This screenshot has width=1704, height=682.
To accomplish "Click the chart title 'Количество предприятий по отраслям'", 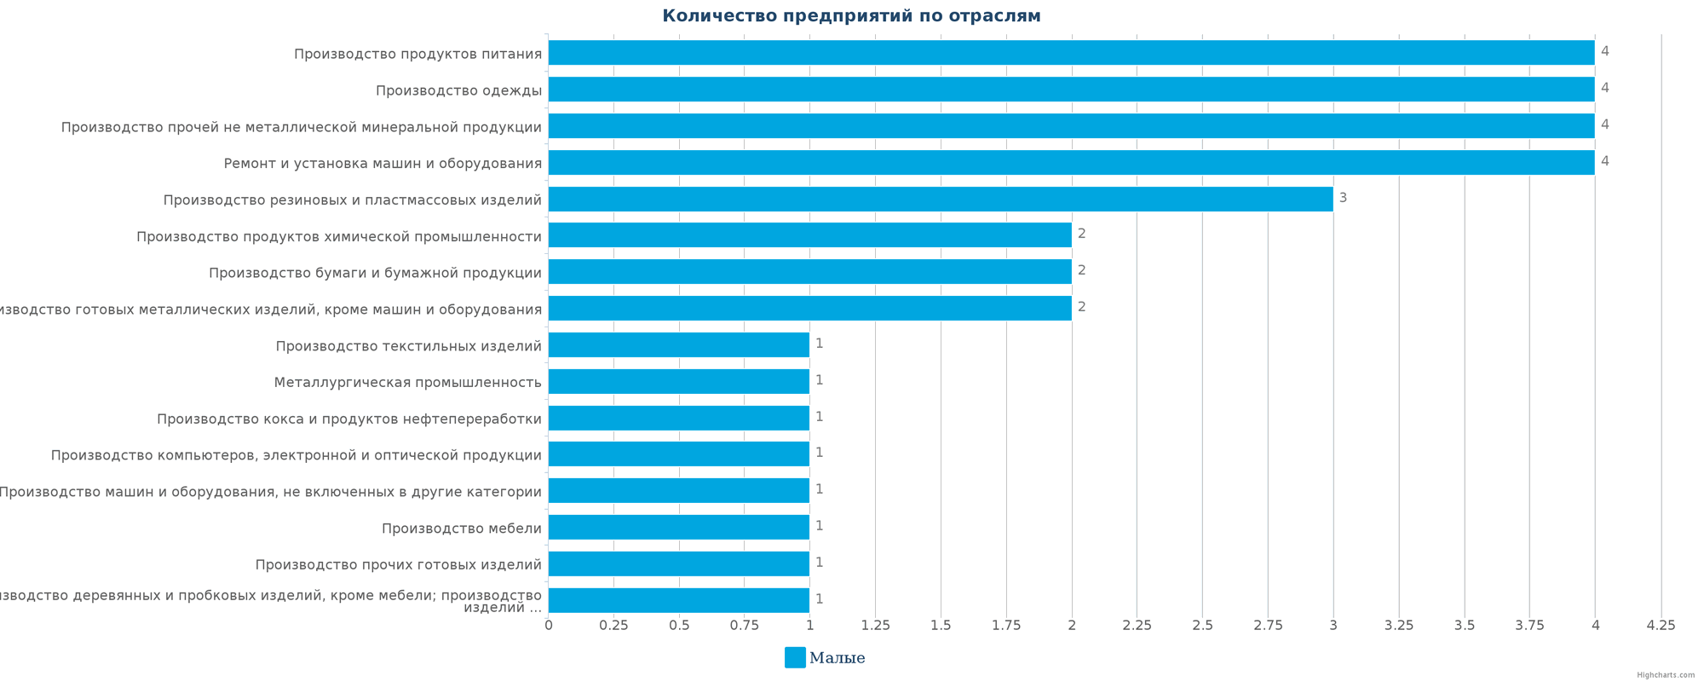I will (x=851, y=16).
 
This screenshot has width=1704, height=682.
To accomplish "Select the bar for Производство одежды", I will (x=1071, y=90).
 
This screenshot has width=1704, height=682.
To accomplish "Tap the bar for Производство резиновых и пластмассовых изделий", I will (x=940, y=199).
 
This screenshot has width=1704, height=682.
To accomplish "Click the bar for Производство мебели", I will (x=678, y=527).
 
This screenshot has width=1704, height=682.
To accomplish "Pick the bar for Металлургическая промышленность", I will (x=678, y=381).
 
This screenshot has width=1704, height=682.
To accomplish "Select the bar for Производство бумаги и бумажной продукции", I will (x=809, y=272).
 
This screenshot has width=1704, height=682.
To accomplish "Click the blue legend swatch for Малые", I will (x=794, y=657).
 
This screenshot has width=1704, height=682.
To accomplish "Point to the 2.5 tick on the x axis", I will (x=1202, y=626).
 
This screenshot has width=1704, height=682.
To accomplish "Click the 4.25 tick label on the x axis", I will (x=1661, y=626).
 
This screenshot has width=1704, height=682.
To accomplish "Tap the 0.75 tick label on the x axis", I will (x=744, y=626).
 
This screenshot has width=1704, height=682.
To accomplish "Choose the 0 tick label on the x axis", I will (x=548, y=626).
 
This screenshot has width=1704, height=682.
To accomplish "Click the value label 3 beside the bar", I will (x=1343, y=198).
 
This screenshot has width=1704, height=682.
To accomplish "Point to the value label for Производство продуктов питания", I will (x=1604, y=51).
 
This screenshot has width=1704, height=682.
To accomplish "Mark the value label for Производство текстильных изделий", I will (x=819, y=344).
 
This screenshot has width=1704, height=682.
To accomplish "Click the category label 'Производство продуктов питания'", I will (x=417, y=55).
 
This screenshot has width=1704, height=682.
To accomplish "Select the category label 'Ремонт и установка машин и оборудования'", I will (x=383, y=164).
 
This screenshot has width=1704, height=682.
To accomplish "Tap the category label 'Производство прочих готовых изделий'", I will (x=398, y=565).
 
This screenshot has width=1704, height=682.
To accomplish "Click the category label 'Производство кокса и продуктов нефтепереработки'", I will (x=349, y=419).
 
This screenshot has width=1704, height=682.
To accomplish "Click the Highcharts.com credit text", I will (x=1665, y=675).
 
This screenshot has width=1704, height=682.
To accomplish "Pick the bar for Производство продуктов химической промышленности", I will (x=809, y=235).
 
